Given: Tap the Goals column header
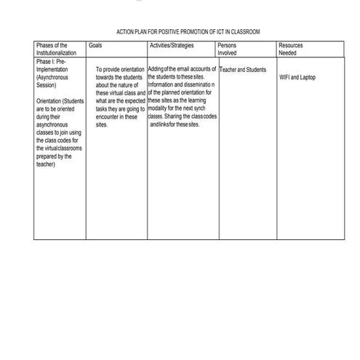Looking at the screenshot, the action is click(95, 45).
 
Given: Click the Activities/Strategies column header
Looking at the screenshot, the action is click(170, 45).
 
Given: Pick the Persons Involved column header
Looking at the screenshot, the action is click(227, 49).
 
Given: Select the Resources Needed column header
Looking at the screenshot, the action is click(291, 49).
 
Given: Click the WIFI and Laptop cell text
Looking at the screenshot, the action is click(297, 77).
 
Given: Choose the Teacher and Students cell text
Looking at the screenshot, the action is click(242, 69).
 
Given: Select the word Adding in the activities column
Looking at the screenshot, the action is click(156, 69).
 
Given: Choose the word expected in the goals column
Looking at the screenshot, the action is click(130, 100).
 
